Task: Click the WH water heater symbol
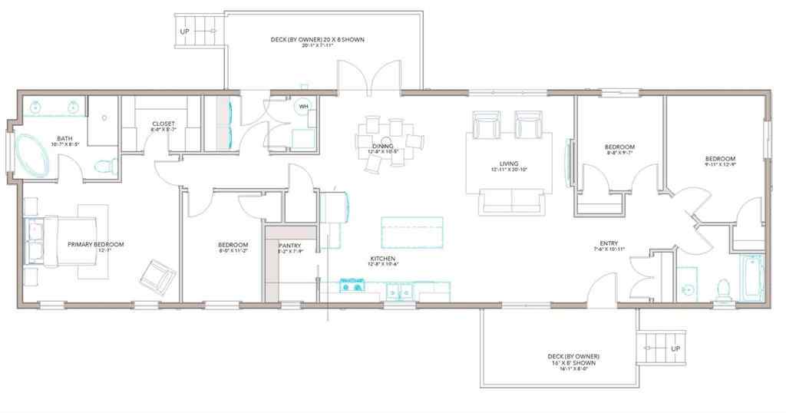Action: pyautogui.click(x=303, y=107)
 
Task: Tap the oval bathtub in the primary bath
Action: pyautogui.click(x=33, y=155)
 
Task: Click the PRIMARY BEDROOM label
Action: pyautogui.click(x=95, y=244)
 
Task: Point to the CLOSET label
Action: pyautogui.click(x=163, y=124)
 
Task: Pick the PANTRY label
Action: pyautogui.click(x=291, y=245)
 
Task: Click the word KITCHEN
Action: pyautogui.click(x=383, y=259)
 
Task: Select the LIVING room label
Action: pyautogui.click(x=508, y=164)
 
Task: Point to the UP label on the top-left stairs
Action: pyautogui.click(x=185, y=31)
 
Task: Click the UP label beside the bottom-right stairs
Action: pyautogui.click(x=675, y=349)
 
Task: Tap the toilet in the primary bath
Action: pyautogui.click(x=106, y=165)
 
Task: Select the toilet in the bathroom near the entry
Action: pyautogui.click(x=722, y=288)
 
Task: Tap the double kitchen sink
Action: pyautogui.click(x=399, y=291)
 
